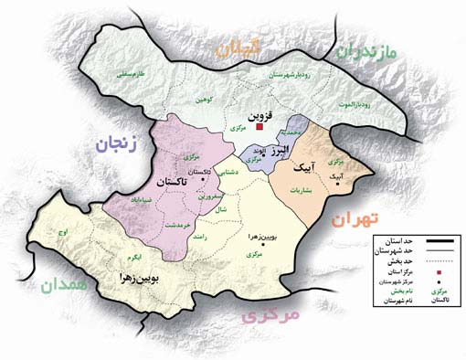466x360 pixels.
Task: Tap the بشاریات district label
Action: (x=313, y=192)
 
